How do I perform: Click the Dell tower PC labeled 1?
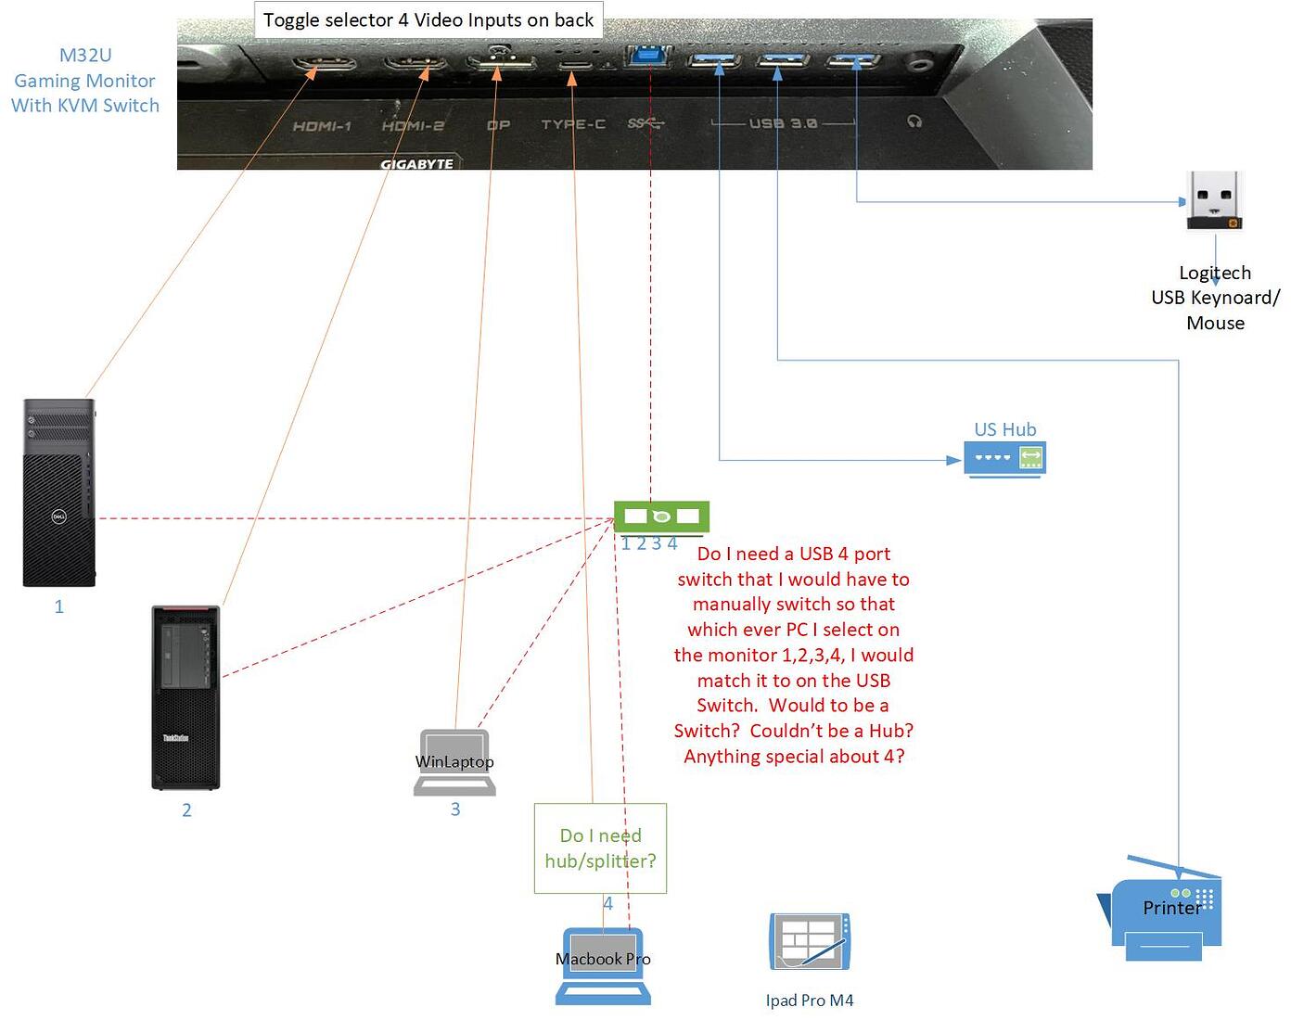tap(59, 492)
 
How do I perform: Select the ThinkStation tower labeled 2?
tap(185, 697)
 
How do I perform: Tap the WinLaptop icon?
tap(454, 762)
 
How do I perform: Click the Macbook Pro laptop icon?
tap(603, 965)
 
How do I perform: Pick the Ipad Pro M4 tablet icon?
tap(809, 941)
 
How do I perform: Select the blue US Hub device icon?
tap(1004, 458)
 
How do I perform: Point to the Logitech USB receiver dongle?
tap(1214, 200)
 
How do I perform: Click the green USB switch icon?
tap(661, 516)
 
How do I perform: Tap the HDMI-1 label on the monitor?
tap(322, 126)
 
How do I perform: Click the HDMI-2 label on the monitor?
tap(413, 126)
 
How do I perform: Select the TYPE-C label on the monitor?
tap(573, 124)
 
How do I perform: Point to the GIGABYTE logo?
tap(416, 164)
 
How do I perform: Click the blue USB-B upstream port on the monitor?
tap(649, 56)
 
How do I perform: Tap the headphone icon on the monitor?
tap(915, 121)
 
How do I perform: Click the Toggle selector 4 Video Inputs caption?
tap(428, 19)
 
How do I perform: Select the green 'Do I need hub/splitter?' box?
tap(600, 848)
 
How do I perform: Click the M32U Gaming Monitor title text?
tap(85, 81)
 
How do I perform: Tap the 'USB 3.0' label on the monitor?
tap(783, 122)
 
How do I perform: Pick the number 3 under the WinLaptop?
tap(455, 810)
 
